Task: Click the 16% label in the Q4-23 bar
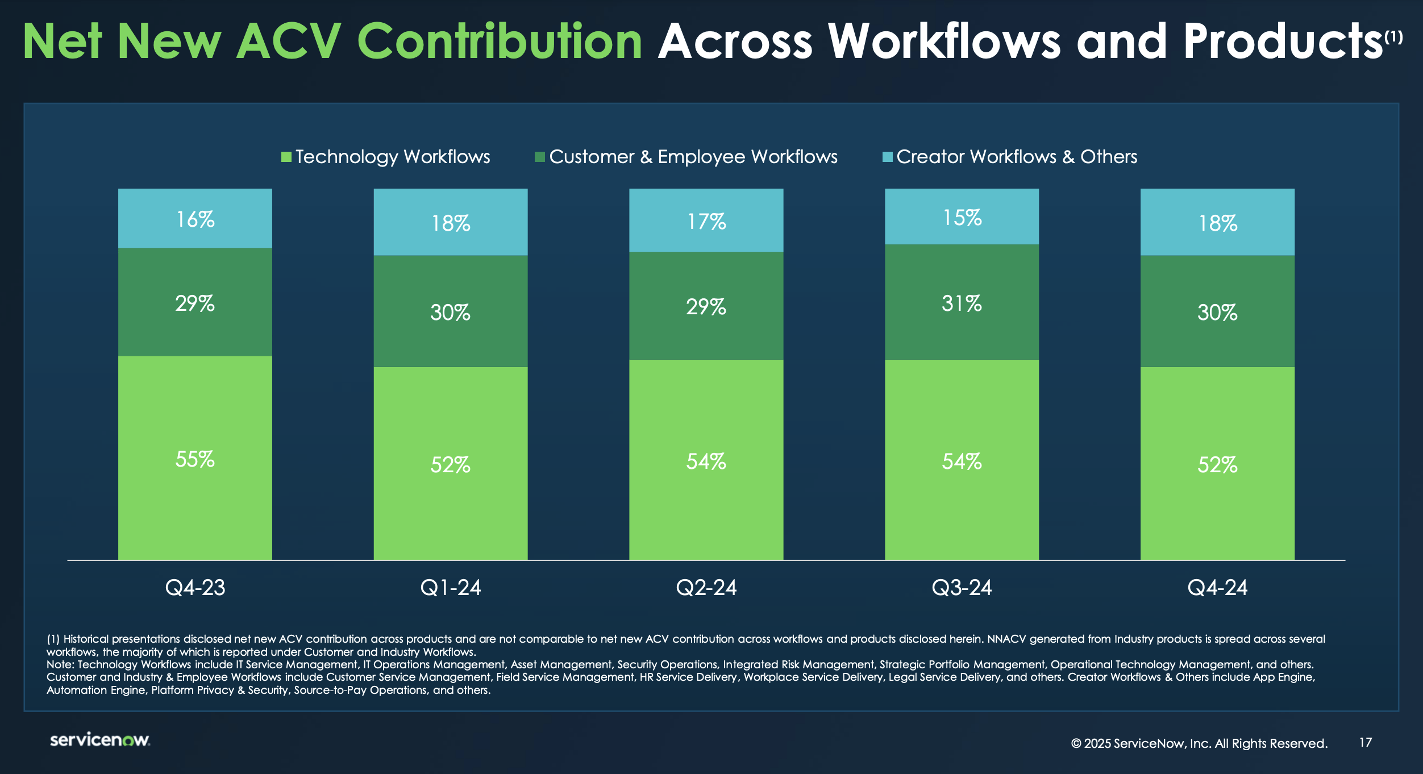(195, 219)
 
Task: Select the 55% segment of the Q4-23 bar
(195, 458)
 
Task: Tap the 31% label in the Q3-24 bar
(962, 303)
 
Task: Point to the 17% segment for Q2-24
(706, 220)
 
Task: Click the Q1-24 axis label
(450, 587)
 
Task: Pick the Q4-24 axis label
(1217, 587)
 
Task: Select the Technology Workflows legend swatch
(286, 157)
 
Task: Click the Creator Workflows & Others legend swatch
(887, 157)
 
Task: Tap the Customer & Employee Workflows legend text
(693, 157)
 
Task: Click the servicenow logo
(99, 740)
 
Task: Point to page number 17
(1366, 742)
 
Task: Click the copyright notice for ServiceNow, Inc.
(1199, 743)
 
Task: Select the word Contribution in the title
(500, 41)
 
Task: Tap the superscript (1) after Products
(1393, 37)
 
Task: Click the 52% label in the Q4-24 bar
(1217, 465)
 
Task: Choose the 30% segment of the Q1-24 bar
(450, 311)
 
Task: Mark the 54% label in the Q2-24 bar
(706, 461)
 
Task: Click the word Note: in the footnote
(60, 664)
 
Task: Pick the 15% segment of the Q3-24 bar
(962, 217)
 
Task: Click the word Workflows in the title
(944, 41)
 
